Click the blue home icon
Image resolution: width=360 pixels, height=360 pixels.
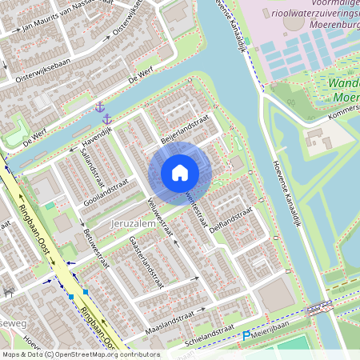point(180,172)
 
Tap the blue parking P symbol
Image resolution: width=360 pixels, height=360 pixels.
point(246,336)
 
